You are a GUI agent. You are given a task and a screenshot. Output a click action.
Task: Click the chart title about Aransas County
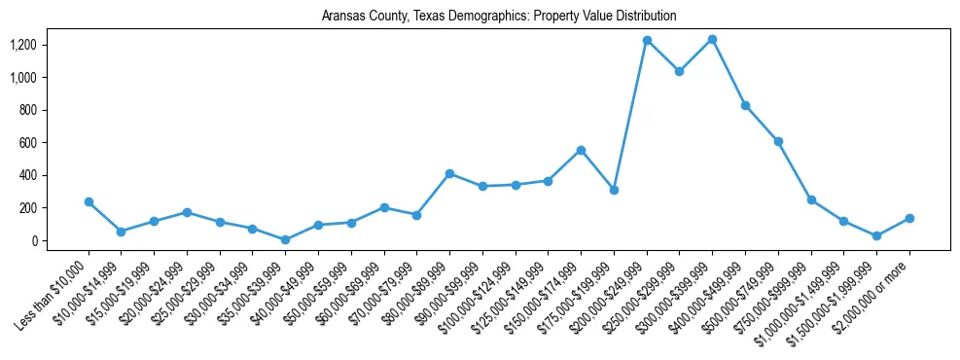[499, 17]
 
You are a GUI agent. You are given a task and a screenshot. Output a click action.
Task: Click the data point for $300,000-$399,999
[712, 39]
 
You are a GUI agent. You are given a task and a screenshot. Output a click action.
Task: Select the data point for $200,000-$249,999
[647, 40]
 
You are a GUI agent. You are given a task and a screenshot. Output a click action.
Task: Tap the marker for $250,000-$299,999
[679, 71]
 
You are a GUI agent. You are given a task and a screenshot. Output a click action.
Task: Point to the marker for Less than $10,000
[89, 201]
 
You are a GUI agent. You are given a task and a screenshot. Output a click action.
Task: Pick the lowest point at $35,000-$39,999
[285, 239]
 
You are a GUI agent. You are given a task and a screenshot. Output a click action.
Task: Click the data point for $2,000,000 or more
[909, 218]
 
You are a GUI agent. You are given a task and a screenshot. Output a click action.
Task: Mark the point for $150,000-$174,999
[581, 150]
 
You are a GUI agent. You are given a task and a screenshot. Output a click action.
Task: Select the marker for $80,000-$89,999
[449, 173]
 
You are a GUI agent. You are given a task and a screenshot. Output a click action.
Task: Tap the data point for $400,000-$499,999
[745, 105]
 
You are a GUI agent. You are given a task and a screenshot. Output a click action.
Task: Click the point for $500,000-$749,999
[778, 141]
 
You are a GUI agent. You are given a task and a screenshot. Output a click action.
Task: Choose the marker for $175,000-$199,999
[614, 190]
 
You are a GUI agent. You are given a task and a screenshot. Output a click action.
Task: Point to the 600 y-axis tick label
[29, 143]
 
